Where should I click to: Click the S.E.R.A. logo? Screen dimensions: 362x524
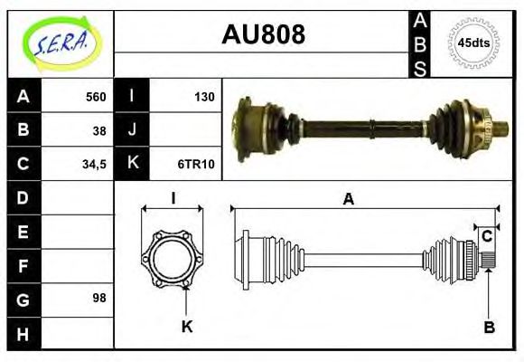[x=61, y=42]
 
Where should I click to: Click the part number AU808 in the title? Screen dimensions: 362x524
[x=263, y=34]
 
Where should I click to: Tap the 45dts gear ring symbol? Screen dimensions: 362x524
[x=474, y=43]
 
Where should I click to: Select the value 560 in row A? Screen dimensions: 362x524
[x=96, y=97]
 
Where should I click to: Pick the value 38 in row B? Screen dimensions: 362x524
[x=99, y=130]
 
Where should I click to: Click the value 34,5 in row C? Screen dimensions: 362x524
[x=94, y=164]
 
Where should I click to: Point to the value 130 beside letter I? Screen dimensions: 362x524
[x=204, y=97]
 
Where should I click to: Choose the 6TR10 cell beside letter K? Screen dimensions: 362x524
[x=197, y=164]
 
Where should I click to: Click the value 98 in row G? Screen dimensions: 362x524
[x=99, y=298]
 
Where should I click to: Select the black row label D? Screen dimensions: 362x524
[x=23, y=197]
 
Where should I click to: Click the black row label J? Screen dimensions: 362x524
[x=132, y=130]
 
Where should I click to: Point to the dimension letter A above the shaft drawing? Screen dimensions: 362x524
[x=348, y=200]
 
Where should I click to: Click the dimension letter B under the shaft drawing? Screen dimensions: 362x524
[x=489, y=328]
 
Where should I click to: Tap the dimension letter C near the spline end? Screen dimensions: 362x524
[x=487, y=236]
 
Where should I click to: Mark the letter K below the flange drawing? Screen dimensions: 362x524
[x=187, y=327]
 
